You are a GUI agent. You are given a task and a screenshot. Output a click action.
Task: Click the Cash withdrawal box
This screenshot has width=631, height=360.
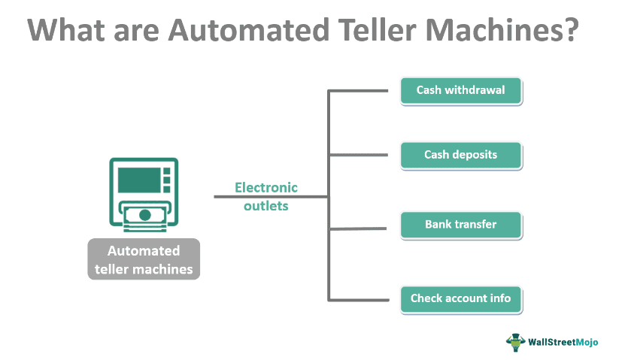pyautogui.click(x=460, y=91)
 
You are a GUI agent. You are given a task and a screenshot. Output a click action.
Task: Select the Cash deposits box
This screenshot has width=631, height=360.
pyautogui.click(x=460, y=156)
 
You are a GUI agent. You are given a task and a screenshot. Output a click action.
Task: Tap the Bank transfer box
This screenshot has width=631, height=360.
pyautogui.click(x=460, y=225)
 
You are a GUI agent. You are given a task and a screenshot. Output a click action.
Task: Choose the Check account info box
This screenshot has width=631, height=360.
pyautogui.click(x=460, y=298)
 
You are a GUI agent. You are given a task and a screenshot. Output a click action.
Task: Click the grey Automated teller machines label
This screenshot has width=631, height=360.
pyautogui.click(x=144, y=260)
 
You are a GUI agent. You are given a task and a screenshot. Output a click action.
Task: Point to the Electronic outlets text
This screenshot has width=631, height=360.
pyautogui.click(x=266, y=196)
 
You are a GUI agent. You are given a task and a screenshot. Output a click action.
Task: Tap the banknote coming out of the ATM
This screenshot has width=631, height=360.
pyautogui.click(x=144, y=216)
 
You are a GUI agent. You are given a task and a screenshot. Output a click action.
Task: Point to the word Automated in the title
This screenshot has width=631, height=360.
pyautogui.click(x=228, y=31)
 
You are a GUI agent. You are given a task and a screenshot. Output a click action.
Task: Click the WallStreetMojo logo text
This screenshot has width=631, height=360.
pyautogui.click(x=563, y=341)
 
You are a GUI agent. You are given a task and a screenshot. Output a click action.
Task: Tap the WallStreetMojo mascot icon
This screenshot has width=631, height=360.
pyautogui.click(x=514, y=341)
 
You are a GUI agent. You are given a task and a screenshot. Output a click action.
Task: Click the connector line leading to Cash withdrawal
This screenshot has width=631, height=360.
pyautogui.click(x=358, y=92)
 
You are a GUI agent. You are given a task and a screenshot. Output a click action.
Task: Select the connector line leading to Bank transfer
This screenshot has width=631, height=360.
pyautogui.click(x=358, y=228)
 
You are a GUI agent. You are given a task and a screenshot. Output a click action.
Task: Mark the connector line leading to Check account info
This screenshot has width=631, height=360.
pyautogui.click(x=358, y=299)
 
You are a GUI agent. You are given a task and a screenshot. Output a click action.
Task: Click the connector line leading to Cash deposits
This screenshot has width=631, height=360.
pyautogui.click(x=358, y=156)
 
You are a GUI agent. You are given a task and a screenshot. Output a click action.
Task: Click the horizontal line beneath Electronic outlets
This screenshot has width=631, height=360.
pyautogui.click(x=271, y=197)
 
